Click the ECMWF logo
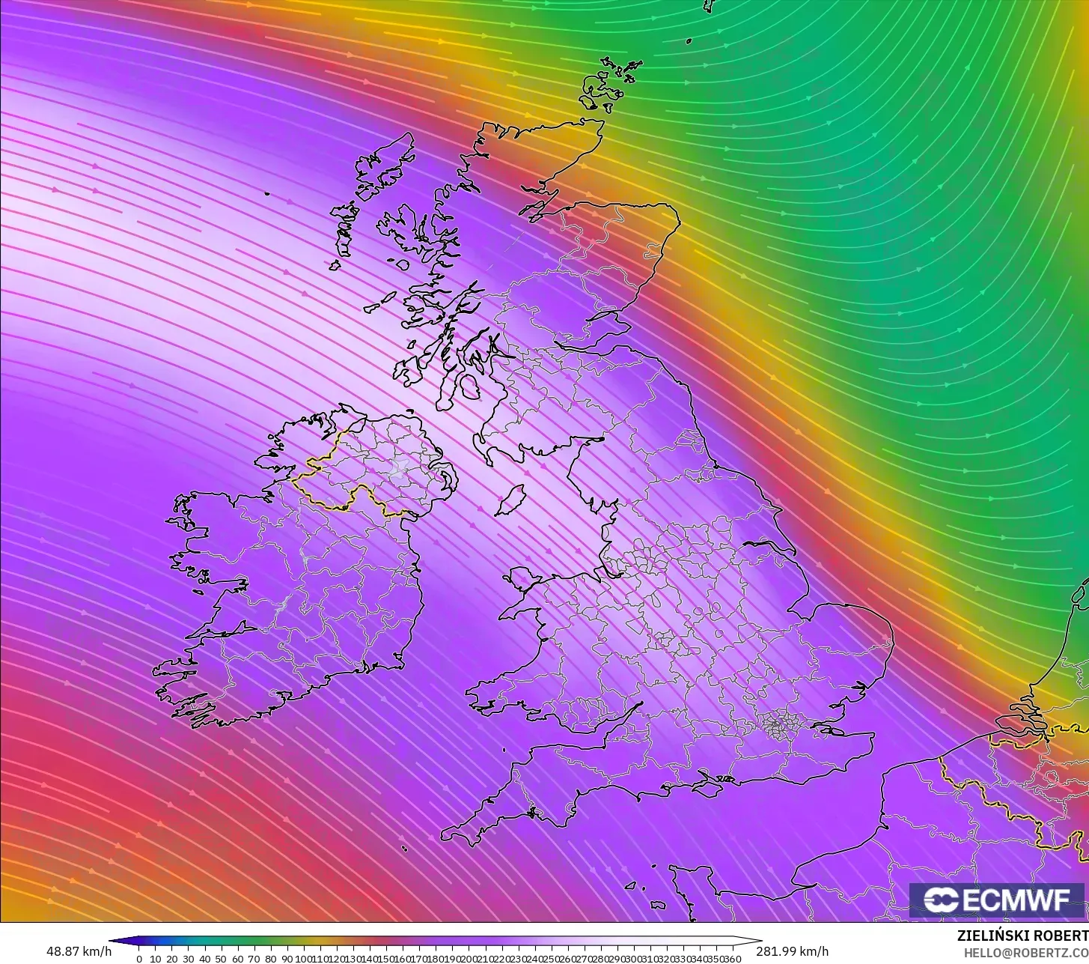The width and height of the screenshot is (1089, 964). (x=996, y=900)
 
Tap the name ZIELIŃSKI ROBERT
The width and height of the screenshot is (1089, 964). (x=1022, y=936)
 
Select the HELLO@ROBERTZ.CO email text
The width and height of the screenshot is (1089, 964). (x=1026, y=952)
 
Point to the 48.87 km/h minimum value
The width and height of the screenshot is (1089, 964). (x=79, y=951)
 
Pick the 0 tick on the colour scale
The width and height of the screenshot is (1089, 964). (x=139, y=959)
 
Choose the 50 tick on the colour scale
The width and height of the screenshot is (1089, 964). (x=222, y=959)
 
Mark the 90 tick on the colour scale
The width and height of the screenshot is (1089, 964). (x=287, y=959)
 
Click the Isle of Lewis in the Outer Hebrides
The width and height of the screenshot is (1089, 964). (x=385, y=172)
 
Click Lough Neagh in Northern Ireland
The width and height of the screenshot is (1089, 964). (x=398, y=469)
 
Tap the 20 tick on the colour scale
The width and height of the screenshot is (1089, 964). (x=172, y=959)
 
